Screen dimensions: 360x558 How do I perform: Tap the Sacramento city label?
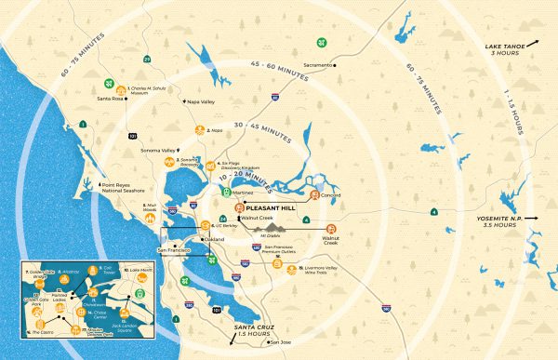click(x=315, y=65)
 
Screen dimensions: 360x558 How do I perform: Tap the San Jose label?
click(x=280, y=342)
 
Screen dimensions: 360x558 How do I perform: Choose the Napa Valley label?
click(x=205, y=101)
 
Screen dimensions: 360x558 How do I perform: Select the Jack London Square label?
click(x=126, y=321)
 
